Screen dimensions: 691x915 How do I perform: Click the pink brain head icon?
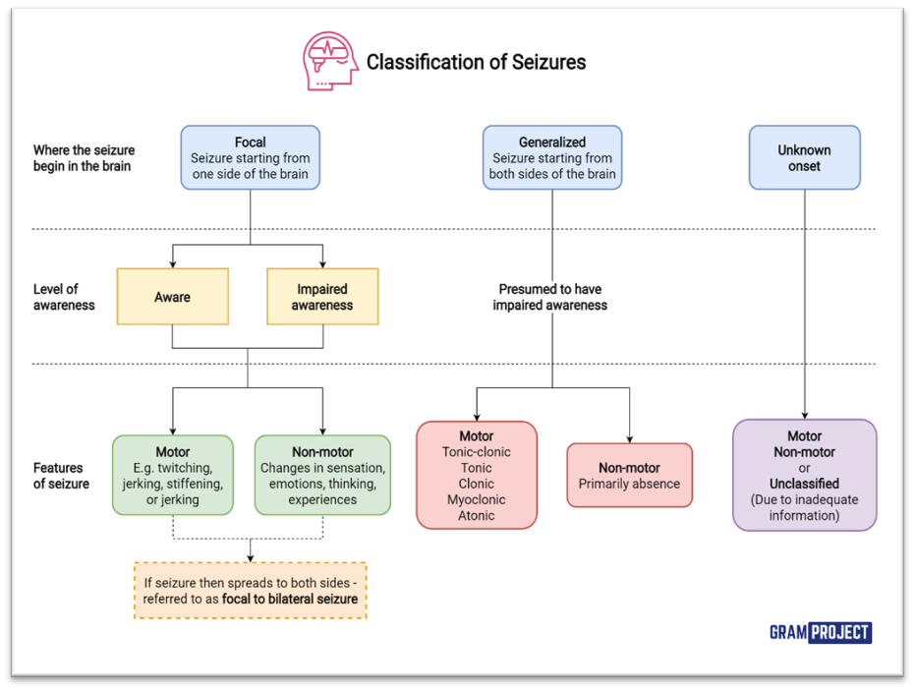coord(330,61)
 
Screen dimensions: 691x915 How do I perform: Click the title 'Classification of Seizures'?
coord(476,62)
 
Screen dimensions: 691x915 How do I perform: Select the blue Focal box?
coord(250,157)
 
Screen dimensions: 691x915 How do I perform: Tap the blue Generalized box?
coord(551,157)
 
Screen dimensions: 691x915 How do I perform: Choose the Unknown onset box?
coord(804,157)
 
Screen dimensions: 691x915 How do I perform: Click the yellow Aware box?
coord(172,296)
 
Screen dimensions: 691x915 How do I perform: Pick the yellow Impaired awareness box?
coord(322,296)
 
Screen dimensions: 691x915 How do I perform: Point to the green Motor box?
coord(173,476)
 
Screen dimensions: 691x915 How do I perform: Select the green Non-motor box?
coord(322,476)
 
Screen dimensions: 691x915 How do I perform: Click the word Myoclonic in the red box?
coord(477,499)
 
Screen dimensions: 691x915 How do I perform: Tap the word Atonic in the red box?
coord(477,515)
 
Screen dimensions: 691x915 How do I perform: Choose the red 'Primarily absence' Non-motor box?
coord(629,476)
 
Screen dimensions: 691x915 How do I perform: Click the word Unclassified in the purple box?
coord(804,484)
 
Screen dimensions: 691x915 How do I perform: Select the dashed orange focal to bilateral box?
coord(250,590)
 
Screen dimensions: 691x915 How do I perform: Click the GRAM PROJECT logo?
coord(822,632)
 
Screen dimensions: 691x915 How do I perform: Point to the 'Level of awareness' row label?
coord(64,297)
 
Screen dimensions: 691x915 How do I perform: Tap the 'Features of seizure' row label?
coord(61,476)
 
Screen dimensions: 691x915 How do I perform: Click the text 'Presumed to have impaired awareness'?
coord(551,297)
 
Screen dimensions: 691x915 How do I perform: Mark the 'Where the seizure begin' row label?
coord(84,158)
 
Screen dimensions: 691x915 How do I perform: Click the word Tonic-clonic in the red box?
coord(477,452)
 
